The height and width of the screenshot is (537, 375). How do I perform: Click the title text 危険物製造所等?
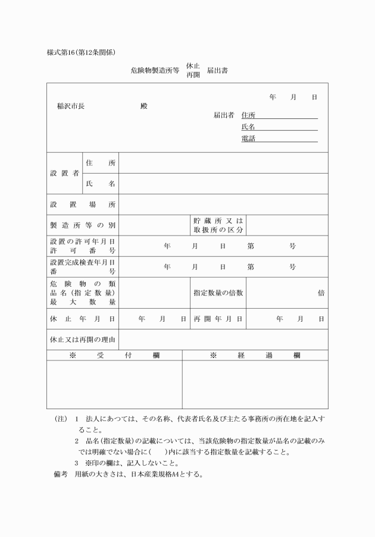(x=155, y=70)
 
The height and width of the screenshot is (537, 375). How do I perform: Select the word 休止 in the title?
(x=193, y=65)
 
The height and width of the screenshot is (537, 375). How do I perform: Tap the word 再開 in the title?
(x=193, y=76)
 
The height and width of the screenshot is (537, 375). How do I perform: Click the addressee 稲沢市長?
(x=71, y=106)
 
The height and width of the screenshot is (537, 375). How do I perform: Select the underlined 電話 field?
(x=279, y=139)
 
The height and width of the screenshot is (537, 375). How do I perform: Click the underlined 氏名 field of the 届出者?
(x=279, y=127)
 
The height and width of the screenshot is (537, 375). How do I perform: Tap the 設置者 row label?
(x=64, y=173)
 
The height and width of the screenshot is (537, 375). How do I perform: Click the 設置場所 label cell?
(x=83, y=205)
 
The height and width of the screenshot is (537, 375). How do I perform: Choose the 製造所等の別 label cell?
(x=83, y=225)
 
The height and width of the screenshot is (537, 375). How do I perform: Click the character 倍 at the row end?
(x=321, y=293)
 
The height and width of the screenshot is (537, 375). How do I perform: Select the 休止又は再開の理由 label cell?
(x=83, y=340)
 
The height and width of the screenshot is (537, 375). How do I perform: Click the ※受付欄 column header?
(x=114, y=355)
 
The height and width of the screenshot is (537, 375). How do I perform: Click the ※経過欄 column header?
(x=255, y=355)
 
